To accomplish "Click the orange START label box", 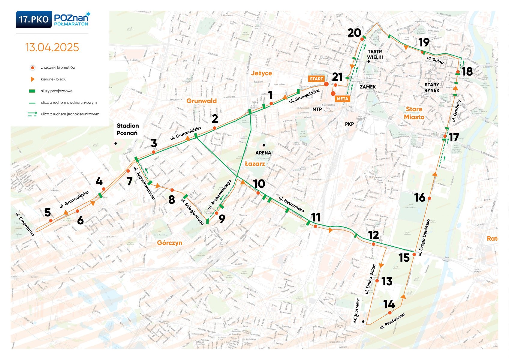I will coord(316,79).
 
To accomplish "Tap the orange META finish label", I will coord(342,99).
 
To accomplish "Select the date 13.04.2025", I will coord(52,47).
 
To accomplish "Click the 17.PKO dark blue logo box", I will coord(34,19).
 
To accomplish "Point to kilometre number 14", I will coord(389,304).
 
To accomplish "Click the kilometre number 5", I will coord(48,212).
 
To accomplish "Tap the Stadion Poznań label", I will coord(128,129).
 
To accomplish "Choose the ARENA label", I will coord(263,153).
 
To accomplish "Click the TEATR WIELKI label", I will coord(375,54).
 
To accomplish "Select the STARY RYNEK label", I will coord(432,87).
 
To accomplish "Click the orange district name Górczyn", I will coord(170,243).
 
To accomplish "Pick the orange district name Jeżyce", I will coord(261,73).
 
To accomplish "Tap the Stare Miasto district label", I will coord(414,113).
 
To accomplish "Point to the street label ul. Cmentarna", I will coord(25,224).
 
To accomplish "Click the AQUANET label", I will coord(356,311).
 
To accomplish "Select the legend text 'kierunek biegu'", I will coord(53,79).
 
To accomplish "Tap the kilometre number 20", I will coord(354,33).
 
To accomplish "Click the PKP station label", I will coord(349,124).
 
